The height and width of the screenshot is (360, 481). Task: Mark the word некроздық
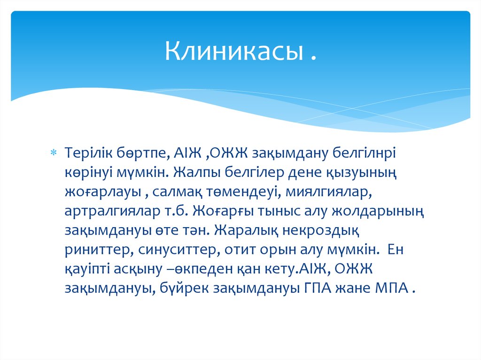[x=323, y=230]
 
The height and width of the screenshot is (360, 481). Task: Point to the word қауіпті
[x=92, y=269]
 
